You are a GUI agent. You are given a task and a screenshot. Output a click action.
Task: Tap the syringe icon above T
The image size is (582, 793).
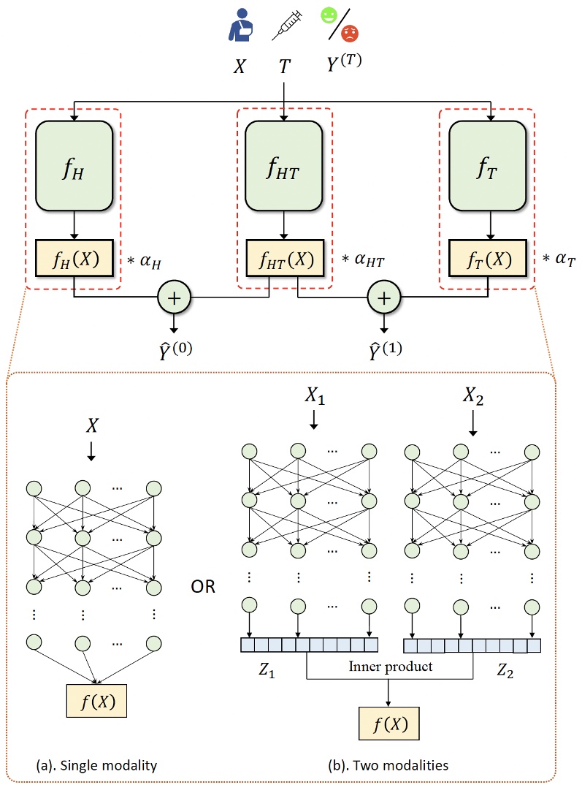[283, 29]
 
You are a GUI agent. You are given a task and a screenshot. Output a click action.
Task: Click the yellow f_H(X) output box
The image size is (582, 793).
[73, 257]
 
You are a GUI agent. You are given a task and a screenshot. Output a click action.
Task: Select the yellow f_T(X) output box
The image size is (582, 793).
[487, 257]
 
